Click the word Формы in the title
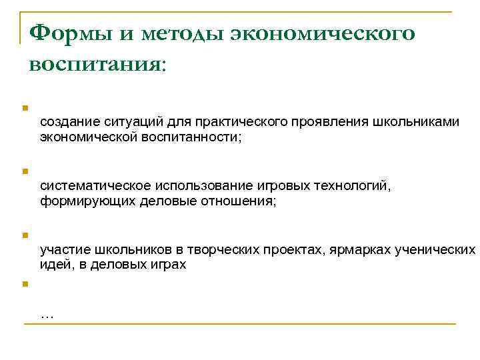63,32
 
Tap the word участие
63,250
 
